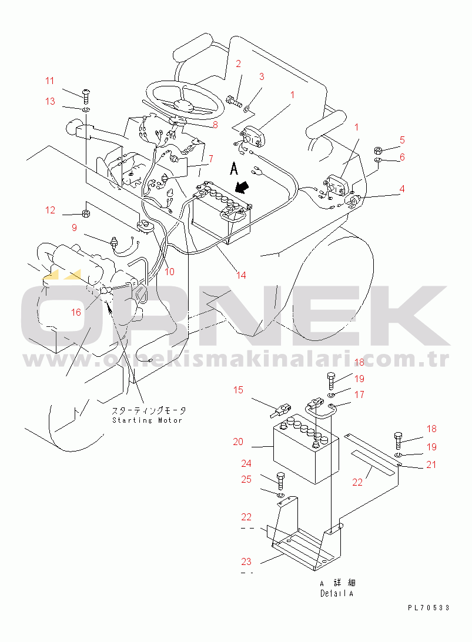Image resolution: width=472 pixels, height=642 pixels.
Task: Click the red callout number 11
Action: pyautogui.click(x=49, y=81)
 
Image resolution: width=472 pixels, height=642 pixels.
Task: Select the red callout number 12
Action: pyautogui.click(x=50, y=210)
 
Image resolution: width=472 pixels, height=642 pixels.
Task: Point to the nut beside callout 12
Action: pyautogui.click(x=86, y=213)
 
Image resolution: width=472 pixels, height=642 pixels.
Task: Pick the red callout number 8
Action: pyautogui.click(x=215, y=125)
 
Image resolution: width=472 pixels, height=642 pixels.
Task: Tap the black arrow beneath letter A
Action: pyautogui.click(x=243, y=188)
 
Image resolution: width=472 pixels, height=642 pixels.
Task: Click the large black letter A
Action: pyautogui.click(x=234, y=168)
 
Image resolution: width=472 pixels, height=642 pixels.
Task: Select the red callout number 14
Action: pyautogui.click(x=241, y=275)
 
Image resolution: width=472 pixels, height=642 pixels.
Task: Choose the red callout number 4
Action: pyautogui.click(x=402, y=189)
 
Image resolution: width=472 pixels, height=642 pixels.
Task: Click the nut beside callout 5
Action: pyautogui.click(x=379, y=149)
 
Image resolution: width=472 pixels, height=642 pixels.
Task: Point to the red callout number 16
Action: pyautogui.click(x=76, y=312)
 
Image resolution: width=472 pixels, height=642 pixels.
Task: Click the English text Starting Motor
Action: pyautogui.click(x=148, y=420)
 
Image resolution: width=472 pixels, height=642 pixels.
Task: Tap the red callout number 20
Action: pyautogui.click(x=238, y=442)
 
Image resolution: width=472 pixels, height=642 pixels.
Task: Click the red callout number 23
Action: pyautogui.click(x=246, y=562)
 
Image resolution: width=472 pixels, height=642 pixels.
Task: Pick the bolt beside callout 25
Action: pyautogui.click(x=280, y=481)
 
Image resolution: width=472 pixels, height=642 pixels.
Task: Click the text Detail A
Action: pyautogui.click(x=337, y=593)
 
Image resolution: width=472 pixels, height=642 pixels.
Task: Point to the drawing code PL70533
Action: pyautogui.click(x=429, y=608)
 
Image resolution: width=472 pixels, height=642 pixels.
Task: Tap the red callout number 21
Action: pyautogui.click(x=431, y=464)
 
